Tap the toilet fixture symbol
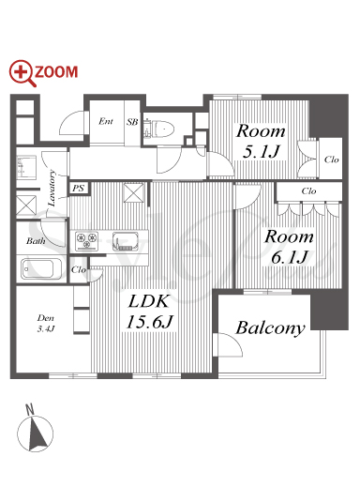tap(159, 129)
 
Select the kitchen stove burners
tap(86, 240)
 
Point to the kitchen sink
tap(125, 241)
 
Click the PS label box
tap(79, 188)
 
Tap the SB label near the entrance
tap(132, 122)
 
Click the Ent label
tap(106, 121)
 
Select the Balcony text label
tap(271, 328)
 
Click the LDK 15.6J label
tap(149, 312)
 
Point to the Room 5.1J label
tap(261, 142)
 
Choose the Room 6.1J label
tap(289, 247)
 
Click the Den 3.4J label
tap(46, 324)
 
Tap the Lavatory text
tap(52, 188)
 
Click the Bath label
tap(36, 241)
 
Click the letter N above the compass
tap(30, 409)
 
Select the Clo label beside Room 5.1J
tap(331, 160)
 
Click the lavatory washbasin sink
tap(26, 167)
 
